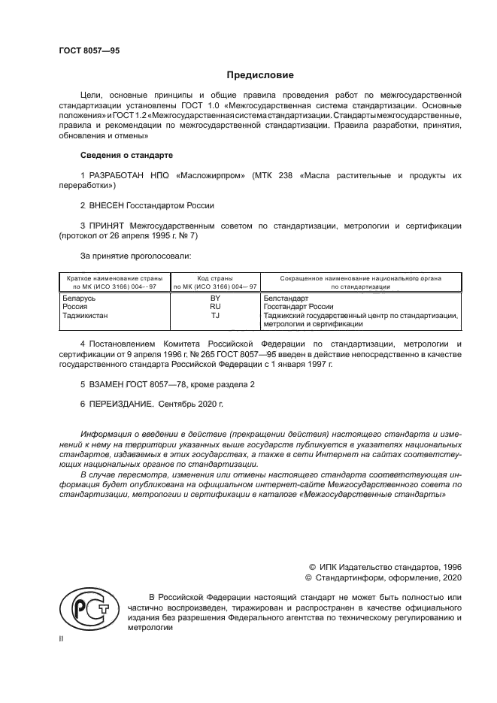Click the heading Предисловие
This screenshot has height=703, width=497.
[260, 76]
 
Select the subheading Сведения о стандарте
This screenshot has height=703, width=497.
[126, 155]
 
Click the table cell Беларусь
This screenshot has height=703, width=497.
[79, 298]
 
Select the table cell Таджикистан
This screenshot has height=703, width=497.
[85, 316]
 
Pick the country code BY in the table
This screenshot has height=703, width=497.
[215, 298]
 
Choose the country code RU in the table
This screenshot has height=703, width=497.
[215, 307]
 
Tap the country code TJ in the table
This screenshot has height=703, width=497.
[215, 316]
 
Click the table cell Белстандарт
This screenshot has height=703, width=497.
[286, 298]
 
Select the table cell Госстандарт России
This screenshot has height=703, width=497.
[298, 307]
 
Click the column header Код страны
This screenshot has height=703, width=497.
[215, 278]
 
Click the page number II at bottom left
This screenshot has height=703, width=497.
[62, 638]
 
